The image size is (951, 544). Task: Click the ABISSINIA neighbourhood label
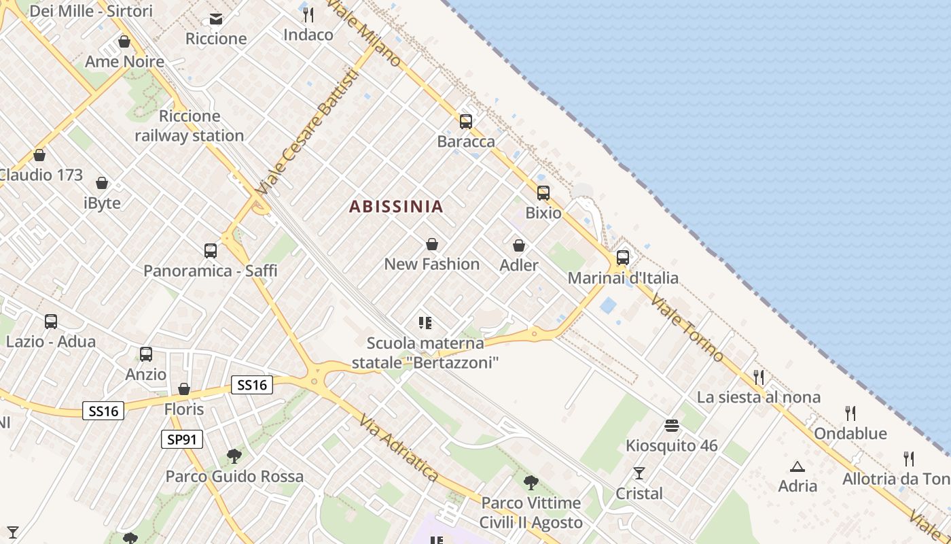click(396, 207)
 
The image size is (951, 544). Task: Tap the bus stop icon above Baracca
click(466, 122)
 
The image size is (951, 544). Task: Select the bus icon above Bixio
click(543, 192)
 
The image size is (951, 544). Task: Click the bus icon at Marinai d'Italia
click(622, 258)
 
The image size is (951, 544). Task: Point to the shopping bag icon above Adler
click(519, 245)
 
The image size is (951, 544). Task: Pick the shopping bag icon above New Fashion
click(432, 244)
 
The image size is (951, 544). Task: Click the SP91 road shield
click(183, 439)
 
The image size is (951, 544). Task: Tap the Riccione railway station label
click(189, 126)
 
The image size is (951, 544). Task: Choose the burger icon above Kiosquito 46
click(672, 426)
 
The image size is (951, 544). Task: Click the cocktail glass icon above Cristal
click(639, 473)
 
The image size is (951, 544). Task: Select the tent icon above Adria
click(797, 466)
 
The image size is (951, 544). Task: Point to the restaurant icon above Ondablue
click(850, 413)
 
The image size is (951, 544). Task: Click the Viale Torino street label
click(687, 328)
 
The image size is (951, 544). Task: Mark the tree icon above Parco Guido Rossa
click(234, 456)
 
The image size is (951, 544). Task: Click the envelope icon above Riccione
click(216, 18)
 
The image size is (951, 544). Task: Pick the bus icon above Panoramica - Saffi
click(211, 250)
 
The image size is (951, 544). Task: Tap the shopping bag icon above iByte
click(102, 183)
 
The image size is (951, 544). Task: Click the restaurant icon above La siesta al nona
click(759, 377)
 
